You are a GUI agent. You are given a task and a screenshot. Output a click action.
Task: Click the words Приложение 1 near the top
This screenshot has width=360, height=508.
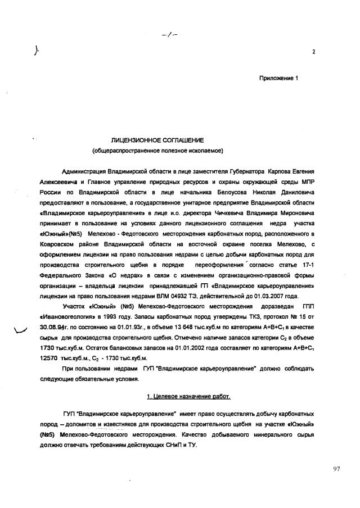click(278, 78)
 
